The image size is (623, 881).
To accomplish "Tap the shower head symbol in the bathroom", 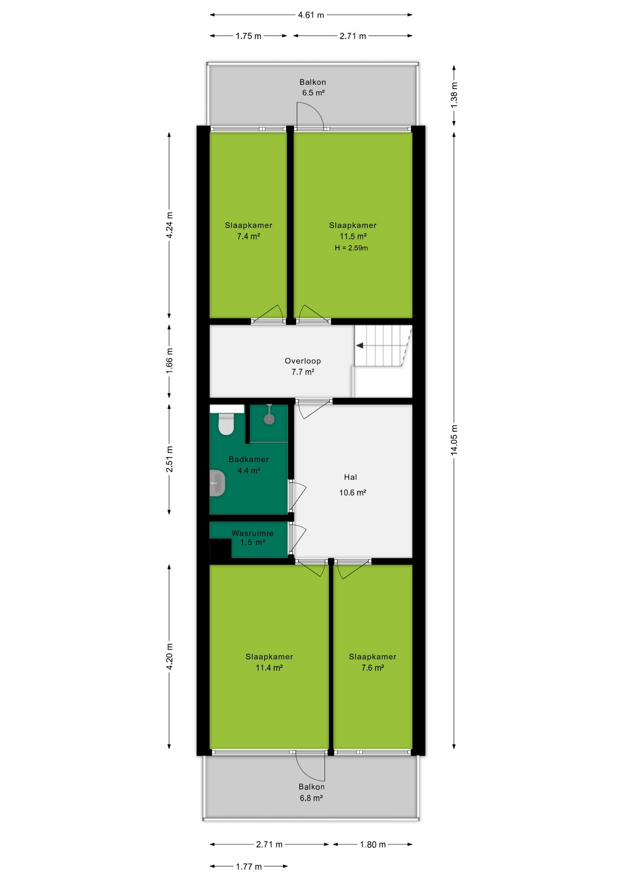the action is click(x=269, y=418).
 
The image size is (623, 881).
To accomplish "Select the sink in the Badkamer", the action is click(x=217, y=483).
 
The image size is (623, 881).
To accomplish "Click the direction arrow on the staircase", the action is click(x=360, y=346).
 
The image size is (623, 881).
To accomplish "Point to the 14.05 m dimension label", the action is click(x=454, y=440).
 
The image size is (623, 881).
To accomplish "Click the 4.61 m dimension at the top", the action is click(x=311, y=15).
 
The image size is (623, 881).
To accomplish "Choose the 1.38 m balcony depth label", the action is click(x=454, y=95).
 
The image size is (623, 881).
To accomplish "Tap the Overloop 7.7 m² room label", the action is click(x=303, y=366).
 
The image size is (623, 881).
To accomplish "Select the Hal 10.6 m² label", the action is click(x=352, y=485).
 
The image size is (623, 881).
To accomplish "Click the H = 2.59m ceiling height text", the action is click(x=351, y=248).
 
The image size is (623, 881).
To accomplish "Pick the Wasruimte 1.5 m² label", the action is click(x=252, y=537).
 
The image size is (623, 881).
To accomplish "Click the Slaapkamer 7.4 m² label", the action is click(x=249, y=230).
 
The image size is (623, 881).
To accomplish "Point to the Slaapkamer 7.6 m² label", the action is click(x=373, y=662).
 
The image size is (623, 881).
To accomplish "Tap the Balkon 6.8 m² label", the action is click(x=311, y=792).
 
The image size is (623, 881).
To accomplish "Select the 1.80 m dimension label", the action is click(x=373, y=844).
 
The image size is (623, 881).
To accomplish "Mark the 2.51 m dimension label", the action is click(x=169, y=459).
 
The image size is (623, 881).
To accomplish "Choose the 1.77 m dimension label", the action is click(x=249, y=866).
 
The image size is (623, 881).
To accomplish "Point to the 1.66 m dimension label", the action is click(x=169, y=361).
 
